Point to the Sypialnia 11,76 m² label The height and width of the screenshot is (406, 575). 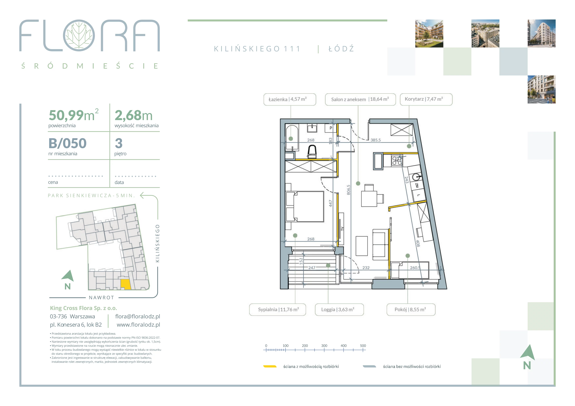pos(277,310)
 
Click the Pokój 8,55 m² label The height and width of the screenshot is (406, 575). pos(411,310)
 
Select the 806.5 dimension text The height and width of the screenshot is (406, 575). pos(349,190)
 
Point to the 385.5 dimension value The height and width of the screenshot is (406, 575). pos(375,140)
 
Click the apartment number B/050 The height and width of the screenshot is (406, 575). pos(67,143)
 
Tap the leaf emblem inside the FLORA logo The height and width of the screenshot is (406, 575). pos(79,35)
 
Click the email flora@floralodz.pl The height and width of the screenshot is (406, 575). pos(138,316)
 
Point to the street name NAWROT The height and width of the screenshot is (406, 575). pos(101,297)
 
